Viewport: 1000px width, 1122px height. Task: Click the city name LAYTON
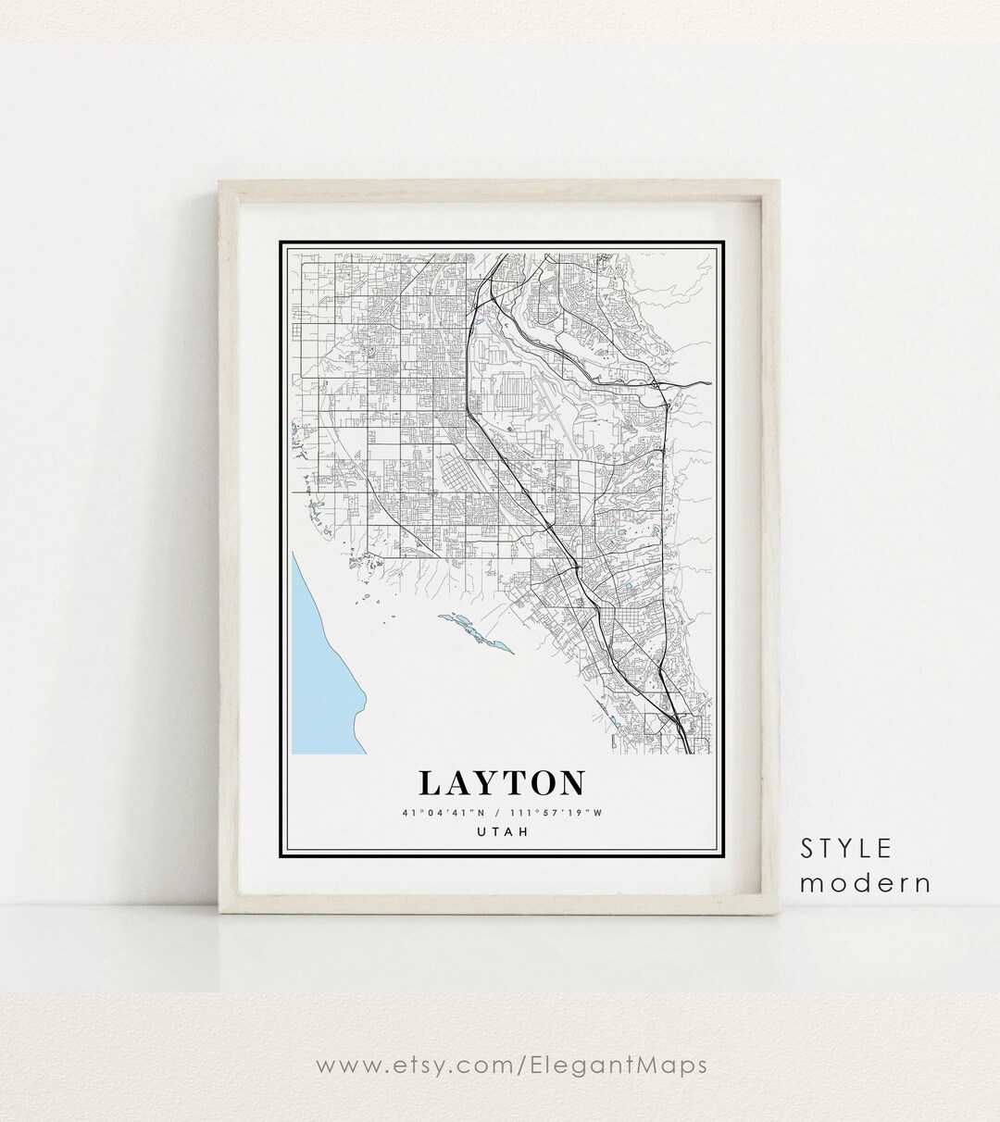[x=502, y=783]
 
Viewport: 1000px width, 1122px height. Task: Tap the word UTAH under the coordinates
[x=502, y=832]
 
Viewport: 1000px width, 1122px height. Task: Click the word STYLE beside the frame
[x=847, y=848]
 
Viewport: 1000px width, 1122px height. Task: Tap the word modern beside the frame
[x=866, y=882]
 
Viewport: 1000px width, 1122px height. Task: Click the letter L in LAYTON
[x=431, y=783]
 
